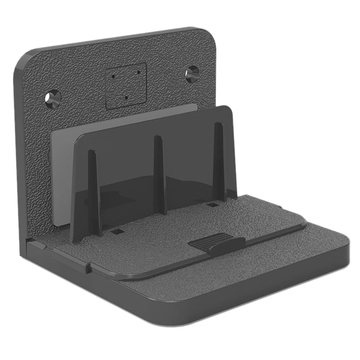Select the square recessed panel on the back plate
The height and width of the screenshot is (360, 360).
point(126,85)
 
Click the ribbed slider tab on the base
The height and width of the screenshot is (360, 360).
point(217,243)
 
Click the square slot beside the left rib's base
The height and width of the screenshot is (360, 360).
point(116,231)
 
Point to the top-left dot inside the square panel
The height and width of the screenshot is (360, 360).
point(112,76)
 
